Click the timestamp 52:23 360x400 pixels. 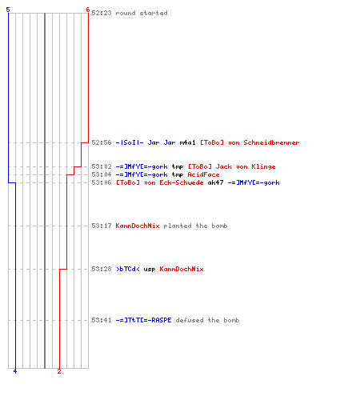[102, 13]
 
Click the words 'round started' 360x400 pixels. [142, 13]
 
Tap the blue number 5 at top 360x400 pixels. [8, 10]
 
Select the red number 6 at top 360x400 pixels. [88, 10]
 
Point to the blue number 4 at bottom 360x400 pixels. [15, 371]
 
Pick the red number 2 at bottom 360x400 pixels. [59, 371]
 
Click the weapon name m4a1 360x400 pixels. [187, 142]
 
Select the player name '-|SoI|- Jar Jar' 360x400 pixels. [146, 142]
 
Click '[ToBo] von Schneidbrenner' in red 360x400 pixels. [250, 142]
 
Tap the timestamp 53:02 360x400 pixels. [102, 166]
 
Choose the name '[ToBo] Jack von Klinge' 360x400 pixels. [231, 166]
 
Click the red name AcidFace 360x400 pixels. [203, 174]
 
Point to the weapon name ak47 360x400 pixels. [215, 182]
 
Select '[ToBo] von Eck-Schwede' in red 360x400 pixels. [159, 182]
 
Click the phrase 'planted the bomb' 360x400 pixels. [195, 226]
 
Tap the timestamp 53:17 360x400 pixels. [102, 226]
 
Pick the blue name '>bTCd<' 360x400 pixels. [128, 269]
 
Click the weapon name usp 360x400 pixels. [150, 270]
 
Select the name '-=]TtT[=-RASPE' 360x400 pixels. [143, 320]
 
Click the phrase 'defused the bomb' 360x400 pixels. [207, 320]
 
